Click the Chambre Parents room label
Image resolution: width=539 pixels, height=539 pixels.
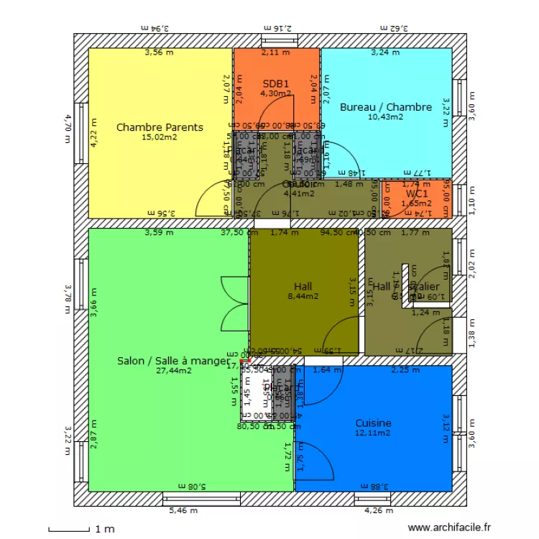pos(160,127)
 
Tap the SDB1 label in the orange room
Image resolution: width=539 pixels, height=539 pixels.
pos(275,83)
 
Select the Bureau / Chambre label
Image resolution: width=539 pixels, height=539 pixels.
pos(386,107)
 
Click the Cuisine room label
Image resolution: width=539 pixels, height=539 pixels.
pos(373,423)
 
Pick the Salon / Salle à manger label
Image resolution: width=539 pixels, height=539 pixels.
pos(173,361)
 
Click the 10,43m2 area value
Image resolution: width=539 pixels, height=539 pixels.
pos(386,117)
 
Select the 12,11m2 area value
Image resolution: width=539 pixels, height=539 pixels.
pos(373,433)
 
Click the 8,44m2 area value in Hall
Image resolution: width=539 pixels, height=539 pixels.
pos(303,295)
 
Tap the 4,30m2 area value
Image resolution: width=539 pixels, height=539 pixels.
pos(275,93)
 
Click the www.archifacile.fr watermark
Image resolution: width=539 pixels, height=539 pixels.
pos(448,526)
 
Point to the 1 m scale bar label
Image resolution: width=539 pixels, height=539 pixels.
pos(104,530)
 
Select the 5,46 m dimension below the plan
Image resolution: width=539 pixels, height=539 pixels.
pos(183,511)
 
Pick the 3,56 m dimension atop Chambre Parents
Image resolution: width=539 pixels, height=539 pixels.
pos(159,52)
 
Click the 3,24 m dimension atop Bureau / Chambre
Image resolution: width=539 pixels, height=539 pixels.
pos(384,52)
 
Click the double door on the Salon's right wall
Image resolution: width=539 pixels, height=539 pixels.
pos(235,303)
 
